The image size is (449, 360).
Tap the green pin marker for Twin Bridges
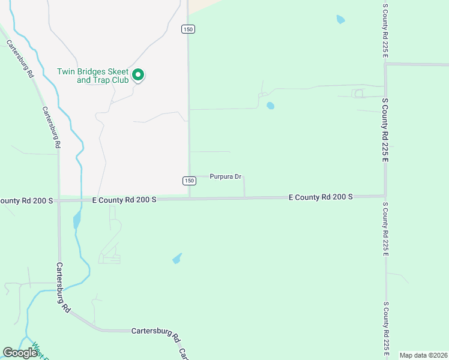138,75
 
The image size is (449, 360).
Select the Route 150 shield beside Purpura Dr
189,181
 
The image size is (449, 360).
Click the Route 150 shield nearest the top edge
188,29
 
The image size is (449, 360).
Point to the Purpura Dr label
225,176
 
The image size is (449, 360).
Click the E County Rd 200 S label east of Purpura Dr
321,197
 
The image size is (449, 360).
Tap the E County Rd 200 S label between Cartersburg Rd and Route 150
124,199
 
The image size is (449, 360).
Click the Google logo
19,353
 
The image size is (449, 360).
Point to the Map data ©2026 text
423,355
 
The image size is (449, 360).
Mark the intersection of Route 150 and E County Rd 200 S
189,198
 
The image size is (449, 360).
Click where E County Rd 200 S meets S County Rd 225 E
385,196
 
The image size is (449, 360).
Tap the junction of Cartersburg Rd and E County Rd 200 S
59,201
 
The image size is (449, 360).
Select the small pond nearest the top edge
341,19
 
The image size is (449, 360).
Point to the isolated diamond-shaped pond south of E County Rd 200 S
176,259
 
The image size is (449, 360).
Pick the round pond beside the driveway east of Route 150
270,106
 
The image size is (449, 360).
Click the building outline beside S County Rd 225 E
358,93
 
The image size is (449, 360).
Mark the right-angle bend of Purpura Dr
244,177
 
